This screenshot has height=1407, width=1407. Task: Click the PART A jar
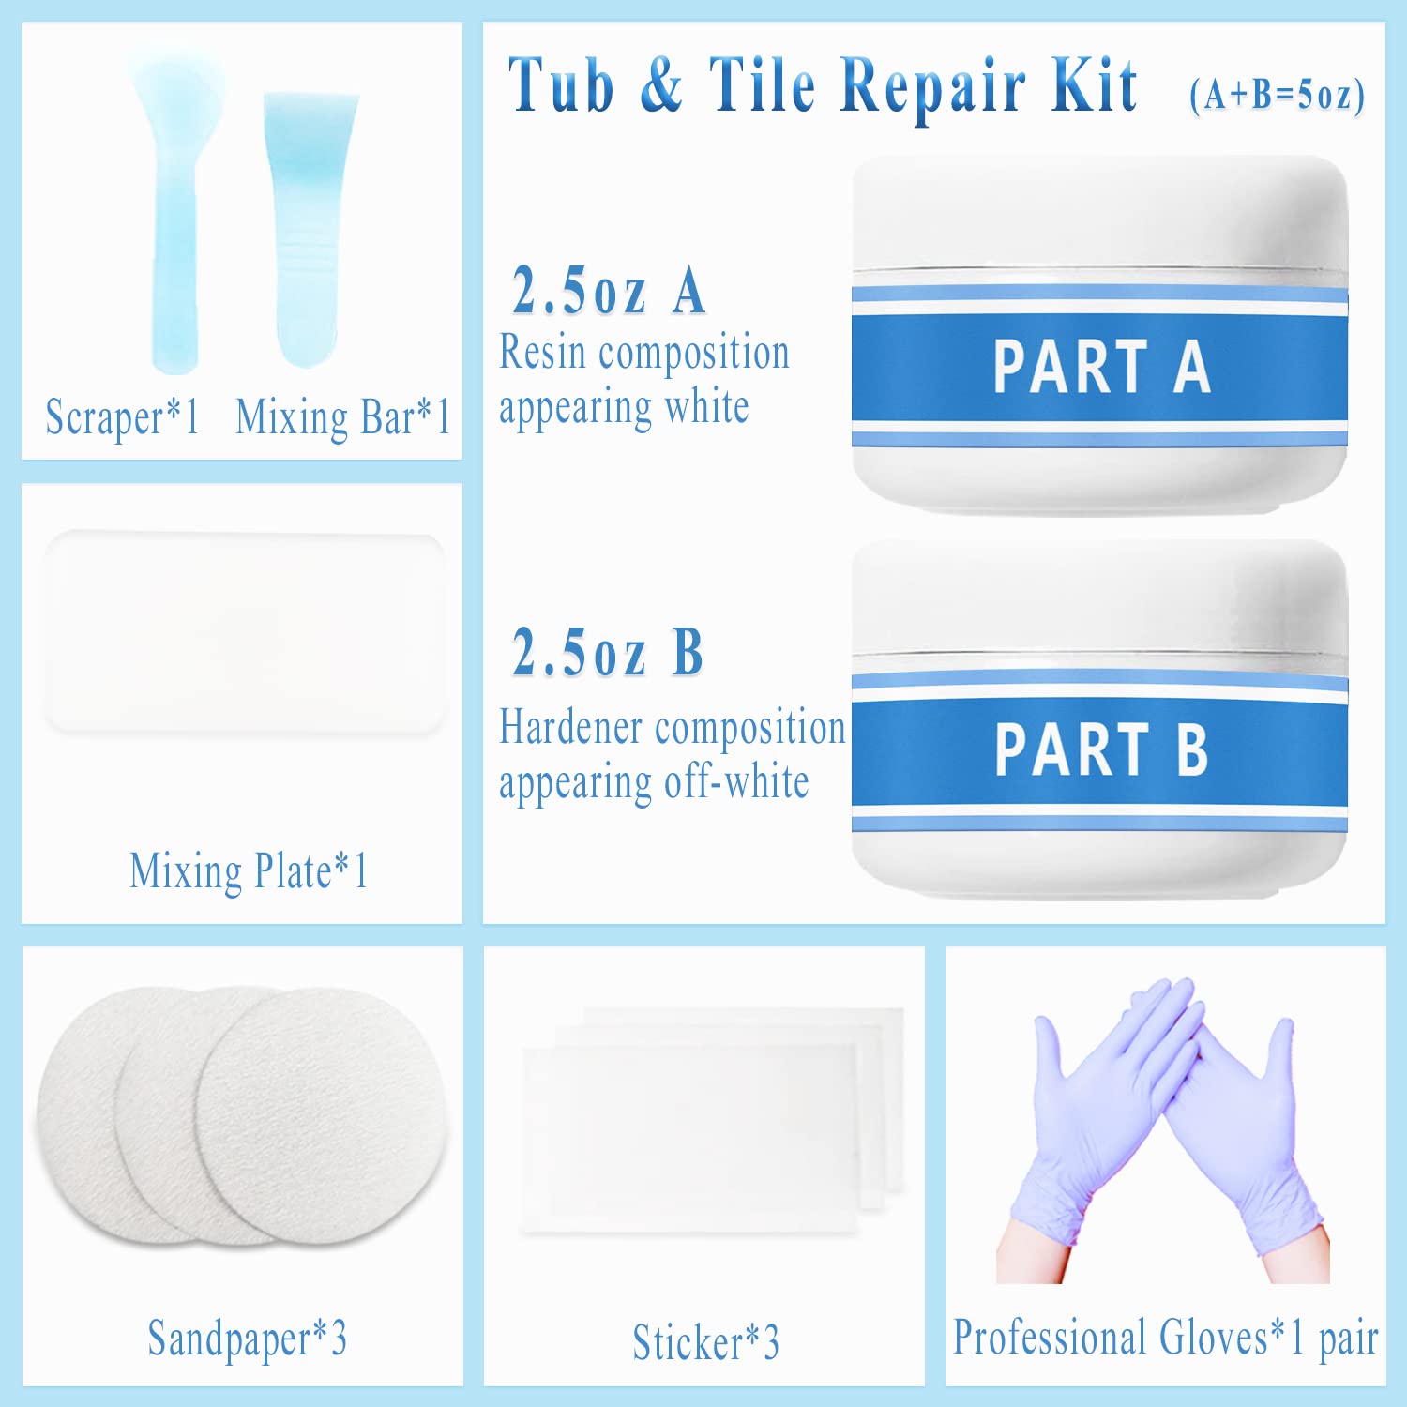(1099, 335)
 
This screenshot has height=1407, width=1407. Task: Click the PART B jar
(1099, 719)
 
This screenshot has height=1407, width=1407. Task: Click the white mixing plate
(244, 632)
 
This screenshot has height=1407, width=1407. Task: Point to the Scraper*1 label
(123, 416)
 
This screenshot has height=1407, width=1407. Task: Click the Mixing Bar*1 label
(343, 416)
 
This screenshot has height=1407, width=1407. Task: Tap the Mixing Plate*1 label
(249, 871)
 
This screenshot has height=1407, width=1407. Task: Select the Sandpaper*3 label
(248, 1339)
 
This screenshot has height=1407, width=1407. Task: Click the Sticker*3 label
(705, 1341)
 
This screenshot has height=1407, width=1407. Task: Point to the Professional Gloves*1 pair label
(1166, 1337)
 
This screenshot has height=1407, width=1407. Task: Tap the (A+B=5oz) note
(1277, 95)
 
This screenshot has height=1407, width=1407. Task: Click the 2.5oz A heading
(609, 291)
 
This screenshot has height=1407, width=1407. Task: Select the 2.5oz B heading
(608, 652)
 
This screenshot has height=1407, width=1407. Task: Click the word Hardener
(572, 727)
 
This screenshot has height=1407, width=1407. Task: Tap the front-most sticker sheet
(690, 1140)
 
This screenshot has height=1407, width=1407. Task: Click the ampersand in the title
(661, 84)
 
